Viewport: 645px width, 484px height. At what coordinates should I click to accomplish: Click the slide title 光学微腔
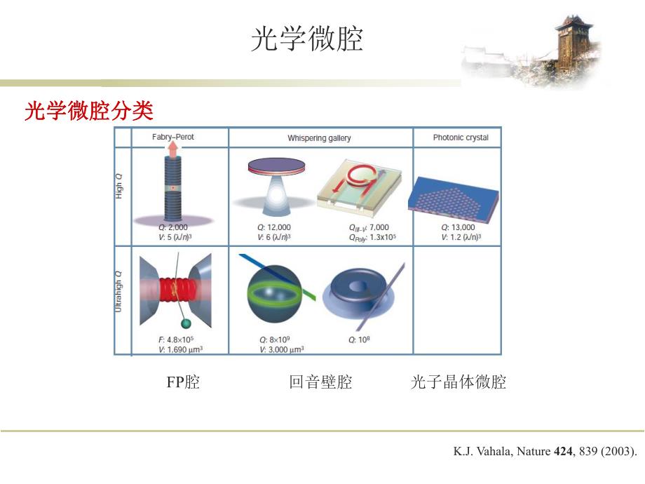[x=307, y=40]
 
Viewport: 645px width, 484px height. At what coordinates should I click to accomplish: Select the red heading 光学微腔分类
[x=89, y=111]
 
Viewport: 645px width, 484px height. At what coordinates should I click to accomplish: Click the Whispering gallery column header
[x=319, y=138]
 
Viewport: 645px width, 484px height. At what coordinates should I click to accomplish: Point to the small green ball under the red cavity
[x=185, y=323]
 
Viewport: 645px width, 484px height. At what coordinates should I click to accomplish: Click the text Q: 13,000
[x=458, y=227]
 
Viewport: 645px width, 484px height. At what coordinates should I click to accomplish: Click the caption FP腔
[x=183, y=382]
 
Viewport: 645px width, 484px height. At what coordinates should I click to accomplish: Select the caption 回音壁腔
[x=320, y=382]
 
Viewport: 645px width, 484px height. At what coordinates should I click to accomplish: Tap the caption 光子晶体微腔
[x=458, y=382]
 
